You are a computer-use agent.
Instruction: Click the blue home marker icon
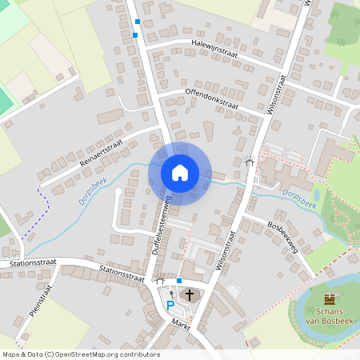180,173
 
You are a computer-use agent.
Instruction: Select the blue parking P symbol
169,303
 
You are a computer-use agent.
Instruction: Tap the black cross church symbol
190,296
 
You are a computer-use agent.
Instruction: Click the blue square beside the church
179,281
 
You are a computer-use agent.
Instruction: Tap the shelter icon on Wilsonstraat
250,161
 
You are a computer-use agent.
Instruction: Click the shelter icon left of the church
160,281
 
